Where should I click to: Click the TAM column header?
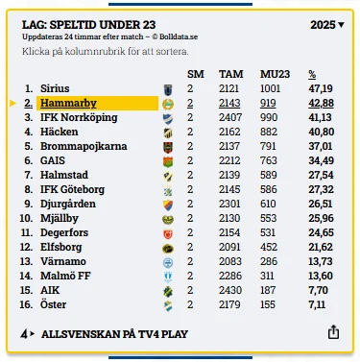230,74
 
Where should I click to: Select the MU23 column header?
275,74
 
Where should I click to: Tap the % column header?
312,74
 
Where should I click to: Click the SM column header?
196,74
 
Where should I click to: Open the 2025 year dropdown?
327,25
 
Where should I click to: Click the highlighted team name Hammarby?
68,103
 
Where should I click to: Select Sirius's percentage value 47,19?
321,88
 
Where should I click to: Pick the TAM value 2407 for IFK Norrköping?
229,117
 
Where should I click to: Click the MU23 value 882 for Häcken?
269,132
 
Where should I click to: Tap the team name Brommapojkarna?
84,146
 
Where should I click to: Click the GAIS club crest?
168,161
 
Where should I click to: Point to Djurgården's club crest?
168,205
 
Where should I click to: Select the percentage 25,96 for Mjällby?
321,218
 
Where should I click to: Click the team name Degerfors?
64,232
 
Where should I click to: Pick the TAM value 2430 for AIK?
230,290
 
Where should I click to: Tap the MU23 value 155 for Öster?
268,304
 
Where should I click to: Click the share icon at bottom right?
333,332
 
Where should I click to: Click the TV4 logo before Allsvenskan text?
27,334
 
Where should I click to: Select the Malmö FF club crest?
168,277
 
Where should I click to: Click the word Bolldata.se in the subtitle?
179,36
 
